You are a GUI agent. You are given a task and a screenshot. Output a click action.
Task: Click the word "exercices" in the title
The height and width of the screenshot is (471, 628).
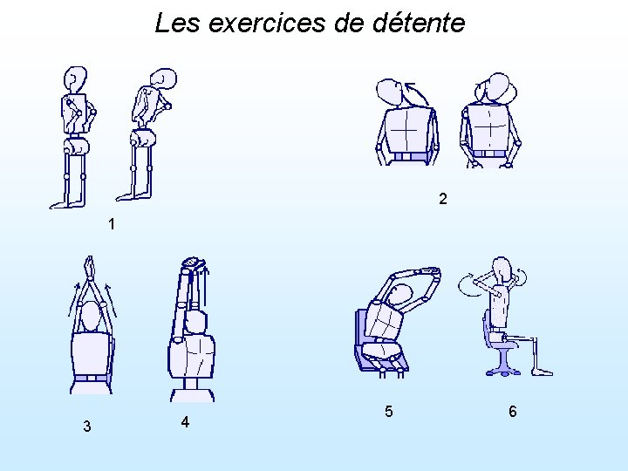266,23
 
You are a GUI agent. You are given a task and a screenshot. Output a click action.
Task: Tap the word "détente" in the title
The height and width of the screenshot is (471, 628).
419,22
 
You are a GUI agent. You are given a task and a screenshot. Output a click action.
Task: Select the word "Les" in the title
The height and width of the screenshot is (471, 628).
177,23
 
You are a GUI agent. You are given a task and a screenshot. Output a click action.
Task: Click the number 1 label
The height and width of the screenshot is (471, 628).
112,224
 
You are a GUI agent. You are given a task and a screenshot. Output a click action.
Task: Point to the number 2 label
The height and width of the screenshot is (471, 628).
442,199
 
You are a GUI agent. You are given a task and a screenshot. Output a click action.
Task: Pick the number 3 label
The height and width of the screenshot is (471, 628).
87,427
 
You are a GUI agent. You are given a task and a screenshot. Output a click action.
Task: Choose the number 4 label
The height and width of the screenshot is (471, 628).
185,422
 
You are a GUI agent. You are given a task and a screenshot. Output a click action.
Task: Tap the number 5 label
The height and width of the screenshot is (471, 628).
388,412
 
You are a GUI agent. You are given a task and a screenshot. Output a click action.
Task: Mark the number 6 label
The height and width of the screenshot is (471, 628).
513,412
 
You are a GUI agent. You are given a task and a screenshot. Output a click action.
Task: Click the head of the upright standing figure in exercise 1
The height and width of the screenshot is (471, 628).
75,79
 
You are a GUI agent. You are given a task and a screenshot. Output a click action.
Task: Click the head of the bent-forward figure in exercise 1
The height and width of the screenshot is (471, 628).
163,78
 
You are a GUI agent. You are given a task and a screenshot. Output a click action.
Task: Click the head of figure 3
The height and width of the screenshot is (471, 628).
90,317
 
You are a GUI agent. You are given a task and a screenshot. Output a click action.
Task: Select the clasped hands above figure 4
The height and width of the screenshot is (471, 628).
194,263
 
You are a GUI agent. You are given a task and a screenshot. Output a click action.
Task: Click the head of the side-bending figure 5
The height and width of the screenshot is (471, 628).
400,296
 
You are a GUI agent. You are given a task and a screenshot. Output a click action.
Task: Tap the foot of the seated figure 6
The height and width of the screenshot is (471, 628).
543,372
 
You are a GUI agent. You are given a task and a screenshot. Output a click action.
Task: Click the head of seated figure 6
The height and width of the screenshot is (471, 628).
502,270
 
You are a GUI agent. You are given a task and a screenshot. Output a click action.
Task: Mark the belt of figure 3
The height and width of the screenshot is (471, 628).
92,378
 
